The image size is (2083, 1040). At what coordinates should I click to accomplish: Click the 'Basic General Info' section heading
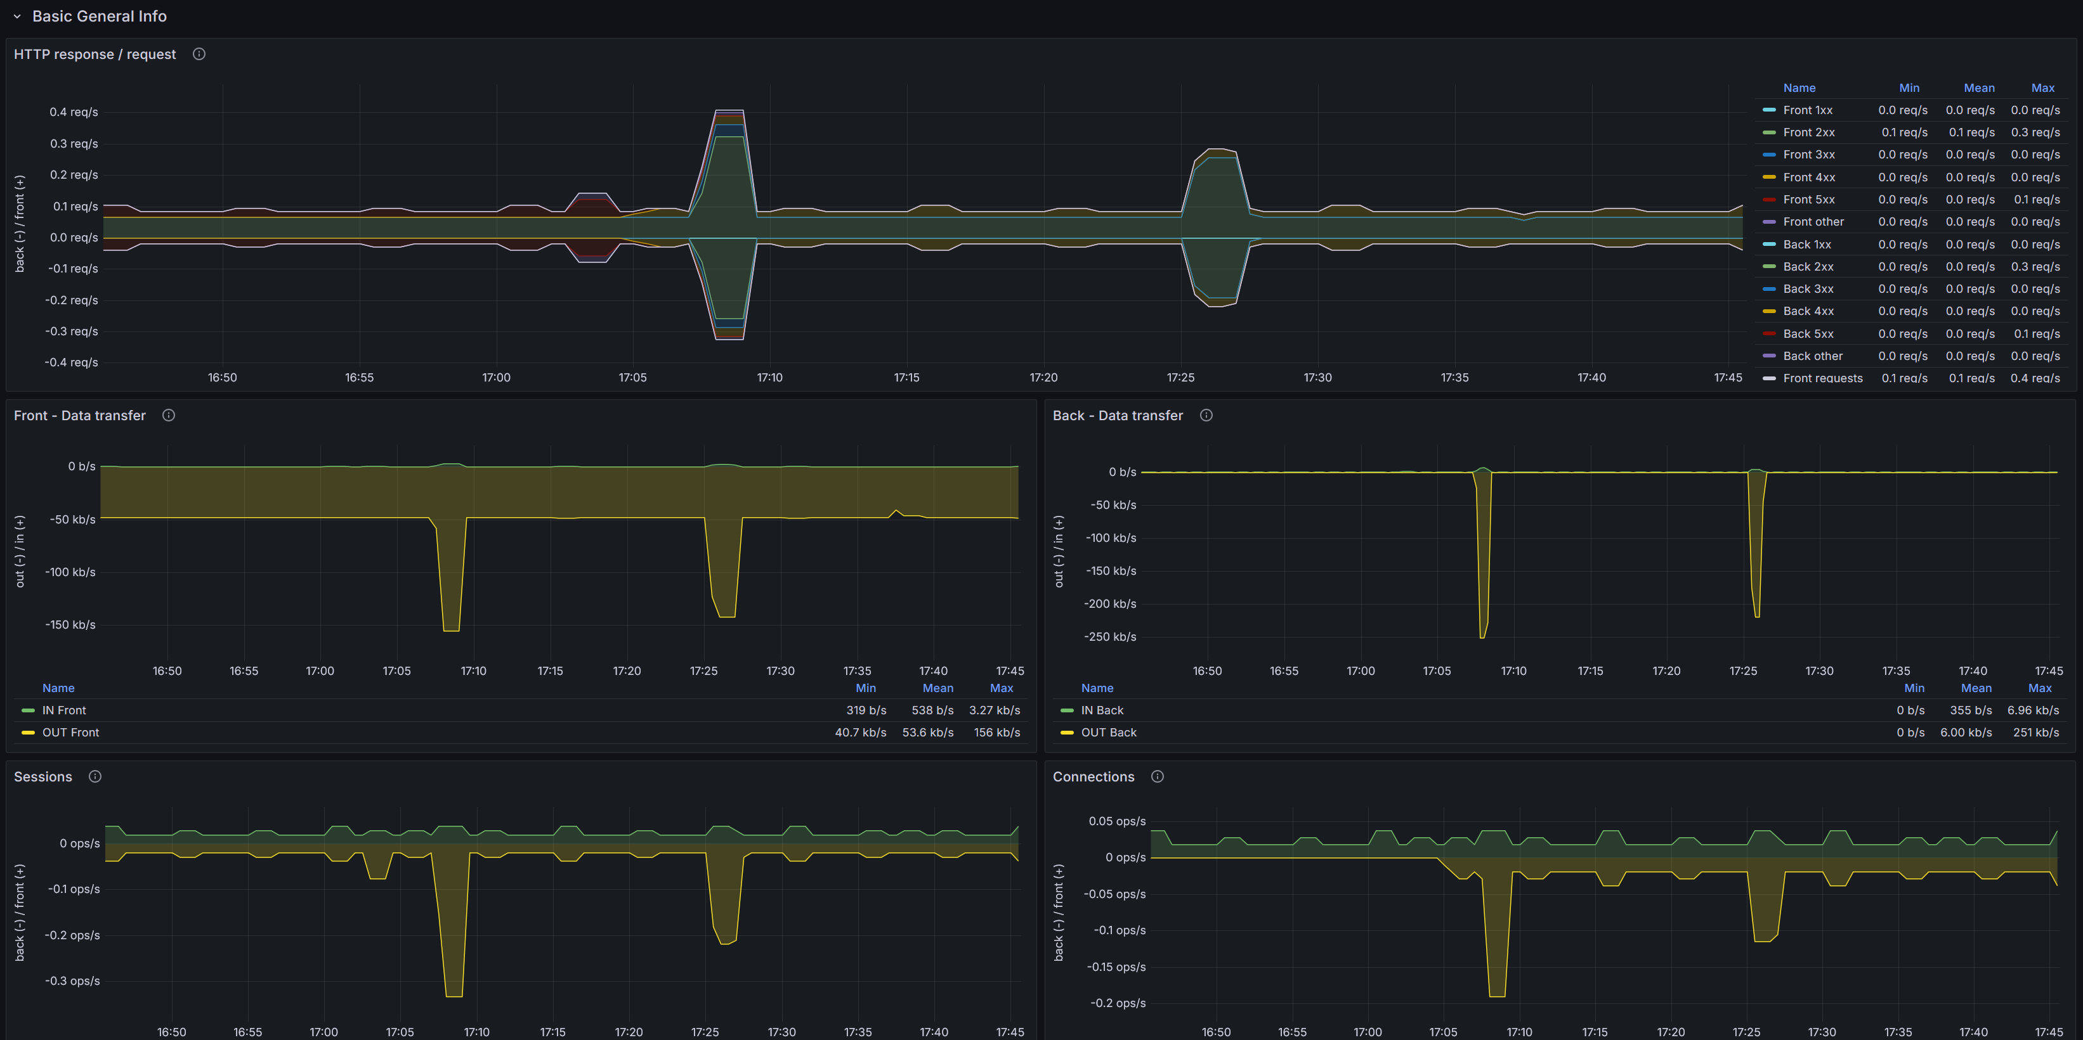click(x=99, y=16)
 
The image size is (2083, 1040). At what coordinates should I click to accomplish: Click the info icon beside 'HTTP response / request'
click(x=199, y=54)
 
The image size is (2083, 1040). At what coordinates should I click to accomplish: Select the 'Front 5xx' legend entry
click(x=1808, y=200)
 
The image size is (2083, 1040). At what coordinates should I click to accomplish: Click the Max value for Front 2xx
click(x=2035, y=132)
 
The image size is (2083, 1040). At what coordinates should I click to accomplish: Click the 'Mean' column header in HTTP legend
click(x=1979, y=88)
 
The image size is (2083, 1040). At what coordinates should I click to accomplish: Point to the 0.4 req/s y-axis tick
click(x=74, y=112)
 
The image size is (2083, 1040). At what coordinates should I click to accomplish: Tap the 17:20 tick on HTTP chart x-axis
click(x=1043, y=377)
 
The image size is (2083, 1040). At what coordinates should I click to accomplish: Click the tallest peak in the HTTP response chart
click(x=729, y=111)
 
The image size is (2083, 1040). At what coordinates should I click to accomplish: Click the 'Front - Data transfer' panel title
click(x=80, y=415)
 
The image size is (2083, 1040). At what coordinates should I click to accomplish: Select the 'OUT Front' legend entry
click(x=70, y=732)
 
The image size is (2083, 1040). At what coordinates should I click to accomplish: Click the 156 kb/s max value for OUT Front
click(x=996, y=732)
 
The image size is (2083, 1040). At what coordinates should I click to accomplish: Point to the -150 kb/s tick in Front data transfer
click(x=70, y=625)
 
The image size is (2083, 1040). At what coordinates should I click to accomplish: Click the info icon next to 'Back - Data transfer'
click(x=1206, y=415)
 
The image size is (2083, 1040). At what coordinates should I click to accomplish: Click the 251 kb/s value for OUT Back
click(x=2035, y=732)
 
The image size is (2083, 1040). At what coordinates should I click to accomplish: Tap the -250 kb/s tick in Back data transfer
click(x=1110, y=637)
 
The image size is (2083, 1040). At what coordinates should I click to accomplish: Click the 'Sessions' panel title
click(x=43, y=776)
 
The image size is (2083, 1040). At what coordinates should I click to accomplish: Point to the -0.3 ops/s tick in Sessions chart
click(x=73, y=981)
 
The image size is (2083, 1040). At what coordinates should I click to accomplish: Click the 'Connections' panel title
click(x=1094, y=776)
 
